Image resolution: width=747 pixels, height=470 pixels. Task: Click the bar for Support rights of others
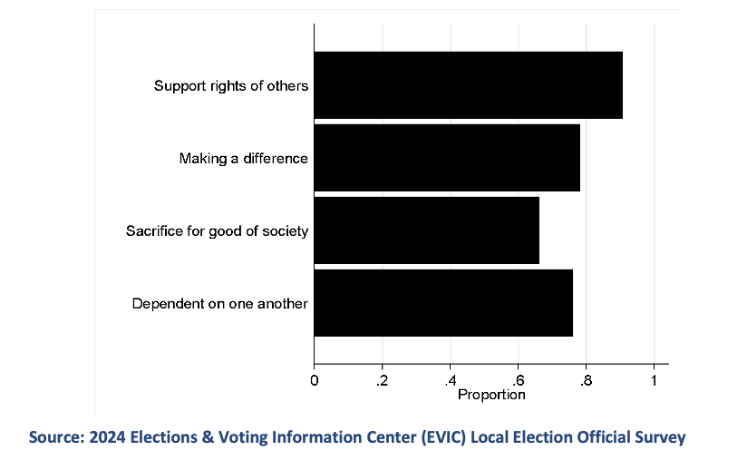point(468,85)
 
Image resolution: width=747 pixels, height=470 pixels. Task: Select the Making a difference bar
point(447,158)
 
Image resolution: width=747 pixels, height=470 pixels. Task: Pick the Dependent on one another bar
point(443,303)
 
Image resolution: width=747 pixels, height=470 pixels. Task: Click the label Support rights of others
point(231,86)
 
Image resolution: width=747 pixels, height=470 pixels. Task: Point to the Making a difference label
point(244,159)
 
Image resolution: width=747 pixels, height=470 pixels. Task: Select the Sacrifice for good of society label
point(217,231)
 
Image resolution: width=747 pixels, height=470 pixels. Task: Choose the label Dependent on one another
point(220,304)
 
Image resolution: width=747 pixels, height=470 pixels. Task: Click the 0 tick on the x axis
point(315,379)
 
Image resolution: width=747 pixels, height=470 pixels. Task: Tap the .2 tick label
point(382,379)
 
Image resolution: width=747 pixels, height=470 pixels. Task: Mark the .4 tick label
point(450,379)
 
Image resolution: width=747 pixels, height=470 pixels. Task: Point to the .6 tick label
point(518,379)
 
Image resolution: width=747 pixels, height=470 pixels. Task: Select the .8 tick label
point(586,379)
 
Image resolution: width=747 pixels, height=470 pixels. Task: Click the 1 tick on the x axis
point(654,379)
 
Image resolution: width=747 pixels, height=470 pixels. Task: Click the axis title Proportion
point(491,395)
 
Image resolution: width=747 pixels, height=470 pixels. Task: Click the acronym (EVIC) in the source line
point(449,437)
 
